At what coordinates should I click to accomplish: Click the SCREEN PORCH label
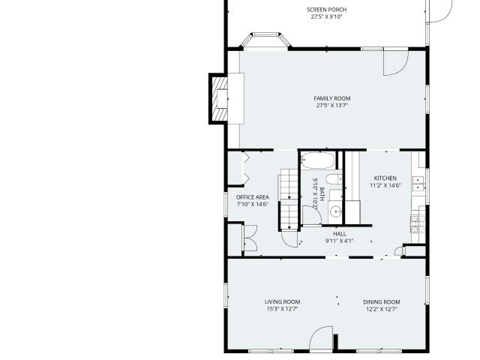327,10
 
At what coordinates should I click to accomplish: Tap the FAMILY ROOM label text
332,98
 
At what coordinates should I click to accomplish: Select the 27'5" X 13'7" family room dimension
332,106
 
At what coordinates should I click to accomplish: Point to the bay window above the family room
265,39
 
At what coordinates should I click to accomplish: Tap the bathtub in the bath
318,160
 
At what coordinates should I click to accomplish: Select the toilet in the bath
334,178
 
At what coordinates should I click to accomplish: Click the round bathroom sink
336,211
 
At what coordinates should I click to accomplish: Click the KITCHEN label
385,178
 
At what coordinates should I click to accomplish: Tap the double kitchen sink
418,184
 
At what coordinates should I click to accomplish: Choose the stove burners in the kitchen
418,223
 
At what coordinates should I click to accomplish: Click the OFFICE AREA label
253,197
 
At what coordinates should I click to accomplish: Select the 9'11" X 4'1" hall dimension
340,241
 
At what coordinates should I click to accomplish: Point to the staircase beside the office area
288,202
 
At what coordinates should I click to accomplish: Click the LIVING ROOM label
282,301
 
